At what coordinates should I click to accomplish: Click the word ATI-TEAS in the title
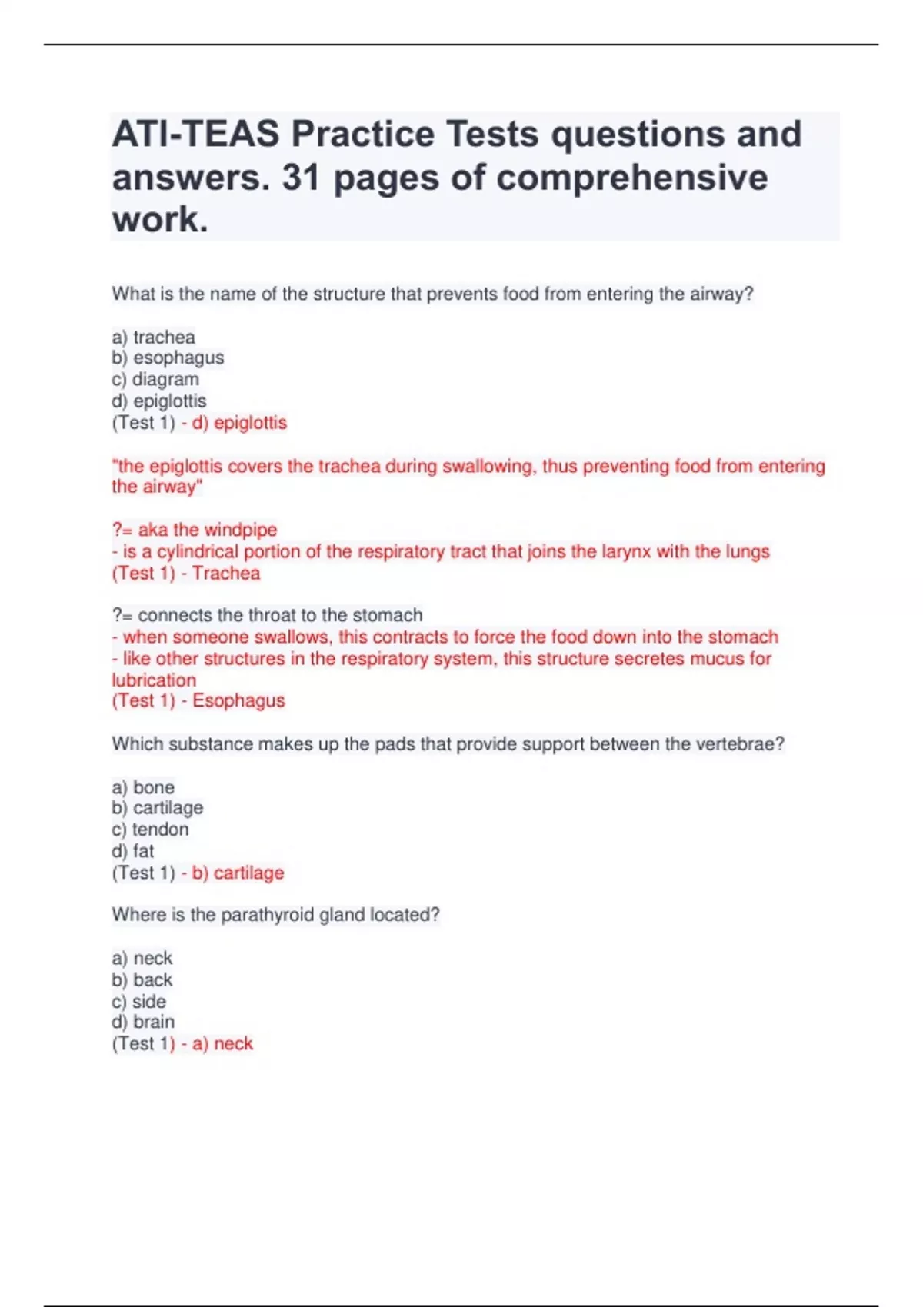coord(195,135)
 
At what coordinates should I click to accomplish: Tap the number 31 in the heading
coord(301,178)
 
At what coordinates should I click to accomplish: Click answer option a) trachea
coord(154,338)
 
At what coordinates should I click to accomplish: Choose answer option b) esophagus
coord(168,358)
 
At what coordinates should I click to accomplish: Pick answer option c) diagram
coord(155,380)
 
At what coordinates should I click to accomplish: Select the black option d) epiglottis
coord(159,401)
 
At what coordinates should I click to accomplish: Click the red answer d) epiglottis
coord(239,423)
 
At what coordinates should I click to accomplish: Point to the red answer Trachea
coord(226,574)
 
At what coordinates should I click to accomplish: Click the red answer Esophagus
coord(238,701)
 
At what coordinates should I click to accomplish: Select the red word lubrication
coord(154,680)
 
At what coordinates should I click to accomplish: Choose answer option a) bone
coord(143,787)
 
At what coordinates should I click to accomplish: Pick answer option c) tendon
coord(150,830)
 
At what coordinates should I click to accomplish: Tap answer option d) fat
coord(133,851)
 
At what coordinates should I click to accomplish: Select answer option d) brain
coord(143,1022)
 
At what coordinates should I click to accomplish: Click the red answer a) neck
coord(222,1044)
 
